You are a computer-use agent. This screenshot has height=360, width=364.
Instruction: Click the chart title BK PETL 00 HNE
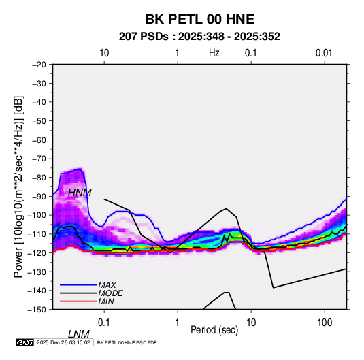(200, 19)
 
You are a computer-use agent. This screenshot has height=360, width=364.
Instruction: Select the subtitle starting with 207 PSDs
(199, 37)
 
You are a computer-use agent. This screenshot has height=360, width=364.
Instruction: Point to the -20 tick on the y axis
(39, 65)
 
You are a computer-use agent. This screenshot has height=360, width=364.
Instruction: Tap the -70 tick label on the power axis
(39, 159)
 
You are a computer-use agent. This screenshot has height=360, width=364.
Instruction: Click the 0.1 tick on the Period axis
(104, 323)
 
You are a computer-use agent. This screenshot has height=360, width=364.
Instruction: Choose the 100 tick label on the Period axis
(325, 323)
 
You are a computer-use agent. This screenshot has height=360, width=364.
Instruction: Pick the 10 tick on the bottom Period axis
(251, 323)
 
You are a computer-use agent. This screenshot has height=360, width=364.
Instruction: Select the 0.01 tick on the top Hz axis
(324, 53)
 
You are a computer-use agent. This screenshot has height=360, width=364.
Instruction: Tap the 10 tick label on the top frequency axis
(104, 53)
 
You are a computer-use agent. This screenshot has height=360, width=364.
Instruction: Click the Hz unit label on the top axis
(214, 53)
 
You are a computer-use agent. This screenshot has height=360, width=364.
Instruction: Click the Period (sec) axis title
(214, 330)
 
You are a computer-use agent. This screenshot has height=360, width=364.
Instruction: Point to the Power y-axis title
(18, 187)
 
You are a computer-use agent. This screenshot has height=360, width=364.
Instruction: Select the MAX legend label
(107, 285)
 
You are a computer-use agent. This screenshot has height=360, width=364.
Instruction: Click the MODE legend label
(110, 293)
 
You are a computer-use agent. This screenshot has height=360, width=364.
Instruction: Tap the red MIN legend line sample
(78, 301)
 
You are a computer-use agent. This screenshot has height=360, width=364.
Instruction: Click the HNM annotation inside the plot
(80, 193)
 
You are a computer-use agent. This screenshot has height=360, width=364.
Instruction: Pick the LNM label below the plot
(79, 334)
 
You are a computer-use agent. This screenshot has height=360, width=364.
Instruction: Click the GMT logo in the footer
(24, 342)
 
